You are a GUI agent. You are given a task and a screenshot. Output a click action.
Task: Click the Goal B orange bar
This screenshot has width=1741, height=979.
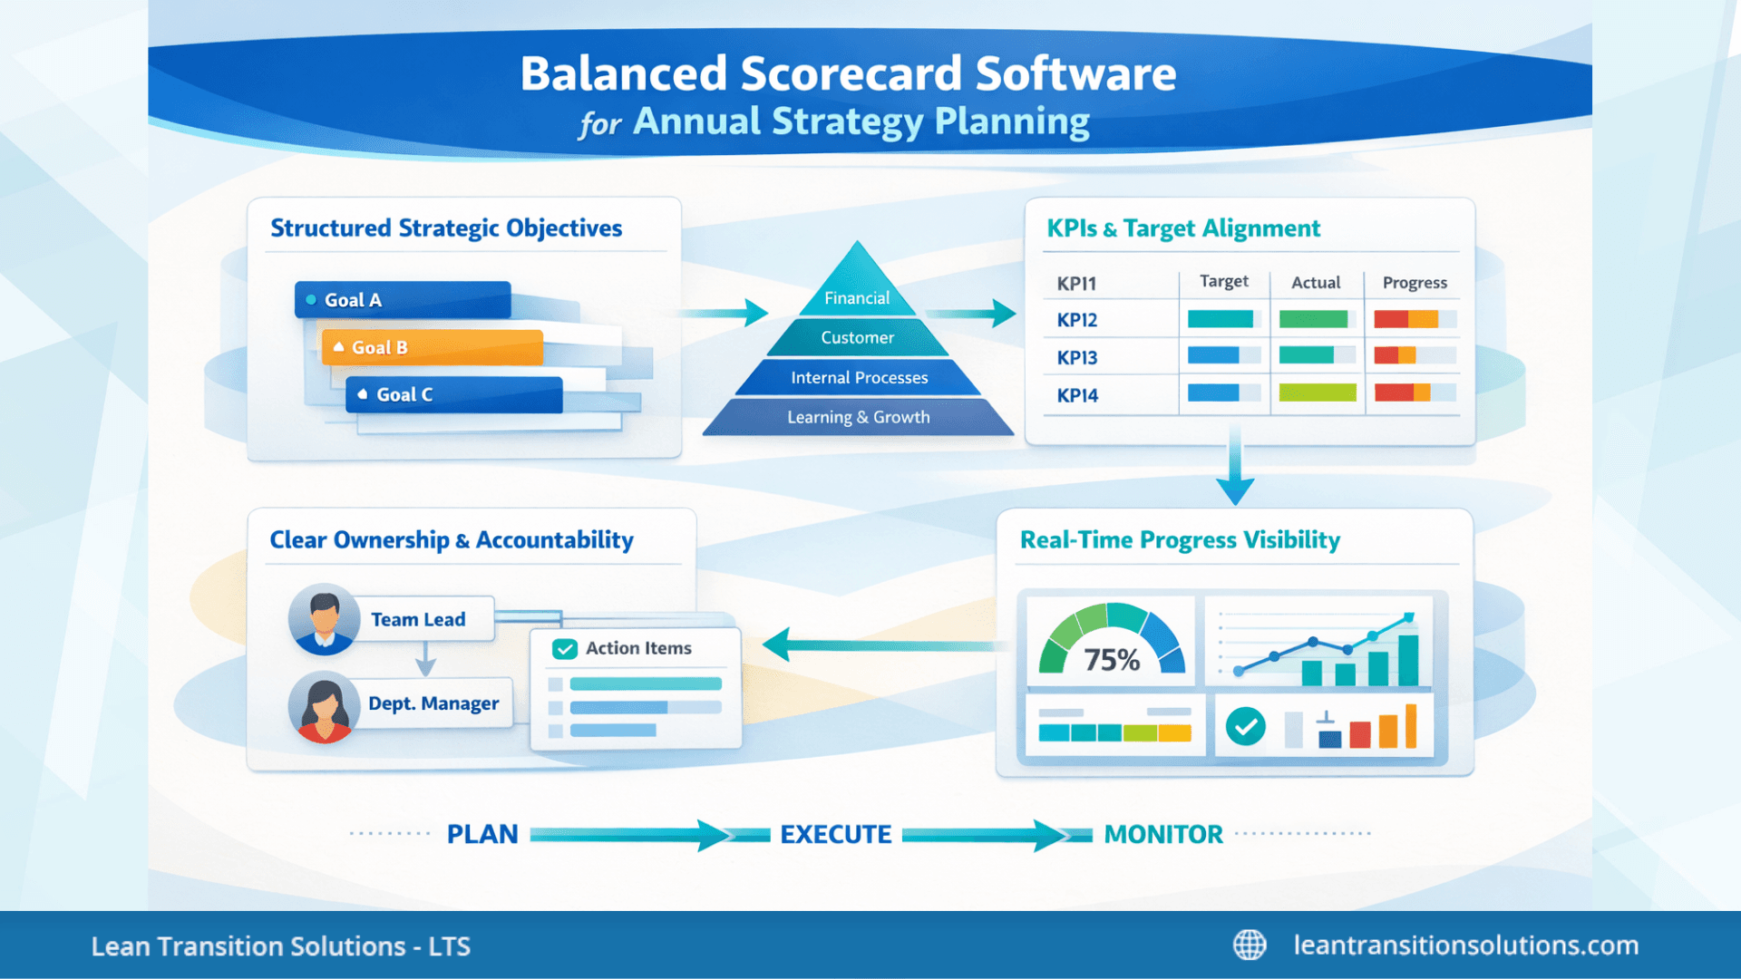point(433,347)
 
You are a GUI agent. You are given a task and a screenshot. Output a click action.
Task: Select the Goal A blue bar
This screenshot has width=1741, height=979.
point(403,300)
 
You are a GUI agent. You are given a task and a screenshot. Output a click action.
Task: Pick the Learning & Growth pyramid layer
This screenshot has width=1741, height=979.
point(858,417)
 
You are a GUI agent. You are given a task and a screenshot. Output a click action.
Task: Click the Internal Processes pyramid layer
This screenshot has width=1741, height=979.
point(859,377)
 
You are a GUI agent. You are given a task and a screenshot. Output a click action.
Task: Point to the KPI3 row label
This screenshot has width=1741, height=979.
point(1077,357)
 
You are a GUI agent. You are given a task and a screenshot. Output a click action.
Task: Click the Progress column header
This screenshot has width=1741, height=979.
point(1414,283)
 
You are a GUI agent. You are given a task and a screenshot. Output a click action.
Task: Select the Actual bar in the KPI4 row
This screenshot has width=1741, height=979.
point(1317,393)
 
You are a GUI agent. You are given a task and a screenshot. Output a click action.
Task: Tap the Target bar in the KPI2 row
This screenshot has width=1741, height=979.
point(1221,319)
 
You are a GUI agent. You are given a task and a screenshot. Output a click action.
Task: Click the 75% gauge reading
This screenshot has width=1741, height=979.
point(1112,659)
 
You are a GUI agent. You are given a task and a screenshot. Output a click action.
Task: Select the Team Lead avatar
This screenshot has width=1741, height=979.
point(324,619)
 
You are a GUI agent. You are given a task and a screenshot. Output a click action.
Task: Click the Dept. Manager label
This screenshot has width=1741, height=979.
point(433,703)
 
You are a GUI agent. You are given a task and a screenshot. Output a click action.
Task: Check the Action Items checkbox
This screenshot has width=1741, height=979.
point(565,649)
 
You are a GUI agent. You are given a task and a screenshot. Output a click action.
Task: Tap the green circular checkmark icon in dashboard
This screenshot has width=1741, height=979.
point(1245,726)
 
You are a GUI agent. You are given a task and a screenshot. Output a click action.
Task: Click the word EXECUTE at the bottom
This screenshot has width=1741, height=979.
point(835,834)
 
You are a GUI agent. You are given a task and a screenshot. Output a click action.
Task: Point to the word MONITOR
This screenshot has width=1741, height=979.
point(1162,834)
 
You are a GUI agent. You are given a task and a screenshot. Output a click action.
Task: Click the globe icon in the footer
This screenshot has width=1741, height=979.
point(1250,945)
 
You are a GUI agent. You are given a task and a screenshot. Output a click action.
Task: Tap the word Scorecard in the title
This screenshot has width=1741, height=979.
point(851,73)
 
